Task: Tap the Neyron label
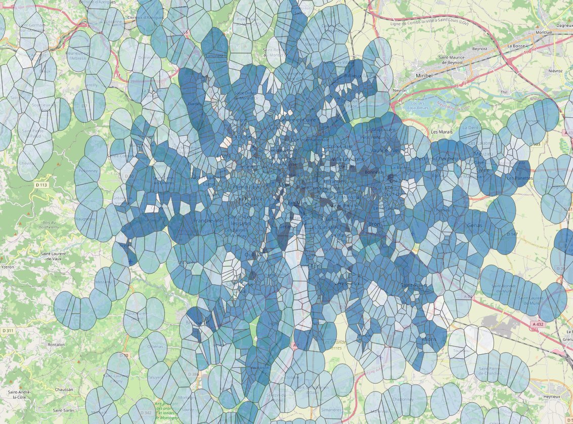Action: [400, 90]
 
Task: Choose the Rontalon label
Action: [56, 345]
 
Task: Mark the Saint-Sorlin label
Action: [65, 410]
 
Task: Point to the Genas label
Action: [476, 225]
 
